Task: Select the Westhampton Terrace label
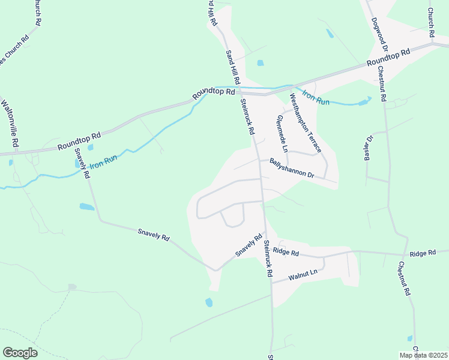coord(306,123)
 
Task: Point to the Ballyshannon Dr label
coord(292,169)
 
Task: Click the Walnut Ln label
coord(301,275)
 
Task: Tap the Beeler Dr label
coord(368,147)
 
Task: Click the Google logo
coord(20,353)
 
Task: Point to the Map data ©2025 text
coord(423,355)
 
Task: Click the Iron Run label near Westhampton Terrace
coord(316,97)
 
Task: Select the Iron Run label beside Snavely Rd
coord(103,161)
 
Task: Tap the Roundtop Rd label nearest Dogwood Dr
coord(388,58)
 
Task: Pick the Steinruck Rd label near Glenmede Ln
coord(248,116)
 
